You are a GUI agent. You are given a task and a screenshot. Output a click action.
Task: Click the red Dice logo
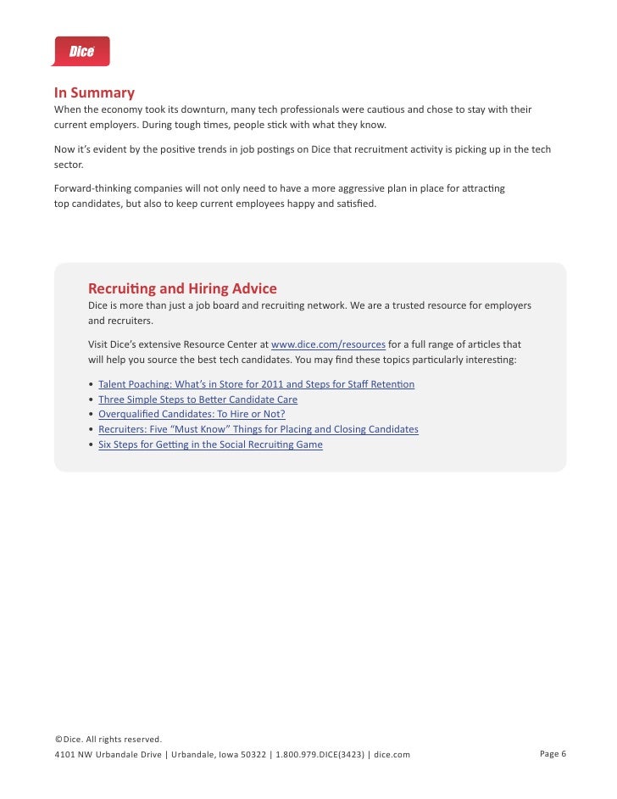81,51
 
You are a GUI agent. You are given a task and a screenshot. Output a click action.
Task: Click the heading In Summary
94,92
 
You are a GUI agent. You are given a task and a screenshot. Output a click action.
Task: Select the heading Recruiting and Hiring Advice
182,288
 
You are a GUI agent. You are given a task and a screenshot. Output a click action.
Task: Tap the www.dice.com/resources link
328,344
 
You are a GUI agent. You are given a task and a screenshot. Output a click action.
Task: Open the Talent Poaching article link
256,384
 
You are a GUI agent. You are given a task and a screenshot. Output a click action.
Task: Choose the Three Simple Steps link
197,399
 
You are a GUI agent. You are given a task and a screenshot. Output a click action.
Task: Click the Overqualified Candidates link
192,414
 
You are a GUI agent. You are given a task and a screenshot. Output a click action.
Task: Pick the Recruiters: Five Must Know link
258,429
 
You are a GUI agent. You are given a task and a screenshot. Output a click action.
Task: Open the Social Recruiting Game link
210,444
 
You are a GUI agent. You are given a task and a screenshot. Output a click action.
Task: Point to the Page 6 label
553,753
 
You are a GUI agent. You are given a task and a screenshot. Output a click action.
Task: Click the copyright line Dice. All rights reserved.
108,740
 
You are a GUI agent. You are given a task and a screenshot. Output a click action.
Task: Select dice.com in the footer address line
392,754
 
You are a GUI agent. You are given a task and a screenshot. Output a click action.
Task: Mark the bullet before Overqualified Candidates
91,415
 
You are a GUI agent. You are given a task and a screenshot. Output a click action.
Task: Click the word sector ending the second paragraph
69,165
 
